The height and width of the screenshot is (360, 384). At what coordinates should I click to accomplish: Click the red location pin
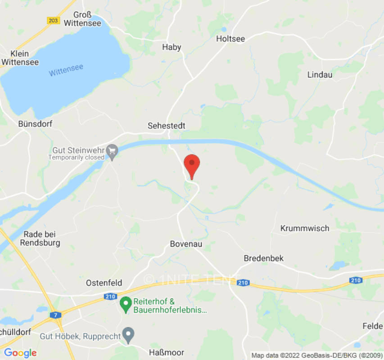click(192, 165)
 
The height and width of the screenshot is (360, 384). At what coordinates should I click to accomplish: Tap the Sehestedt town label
click(167, 126)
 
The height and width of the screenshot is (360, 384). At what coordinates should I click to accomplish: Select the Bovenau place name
click(186, 244)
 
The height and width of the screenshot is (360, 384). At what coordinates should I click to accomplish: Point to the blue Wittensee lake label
click(66, 70)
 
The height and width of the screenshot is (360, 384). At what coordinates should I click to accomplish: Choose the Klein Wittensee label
click(20, 58)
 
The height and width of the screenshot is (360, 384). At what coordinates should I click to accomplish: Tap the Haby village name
click(172, 47)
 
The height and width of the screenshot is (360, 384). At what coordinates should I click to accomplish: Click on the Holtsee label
click(230, 39)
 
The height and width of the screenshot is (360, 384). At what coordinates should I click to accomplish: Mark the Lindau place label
click(320, 75)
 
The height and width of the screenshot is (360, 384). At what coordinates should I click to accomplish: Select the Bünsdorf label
click(33, 123)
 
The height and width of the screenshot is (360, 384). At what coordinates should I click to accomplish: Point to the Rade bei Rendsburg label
click(39, 238)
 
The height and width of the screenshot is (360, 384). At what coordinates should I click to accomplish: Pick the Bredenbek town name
click(264, 258)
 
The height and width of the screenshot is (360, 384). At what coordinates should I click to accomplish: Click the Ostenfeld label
click(104, 283)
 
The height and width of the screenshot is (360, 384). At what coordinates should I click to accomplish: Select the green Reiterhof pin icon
click(125, 305)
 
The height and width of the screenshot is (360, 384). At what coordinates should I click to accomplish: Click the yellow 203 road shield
click(53, 21)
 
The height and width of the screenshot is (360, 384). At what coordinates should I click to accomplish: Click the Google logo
click(20, 353)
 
